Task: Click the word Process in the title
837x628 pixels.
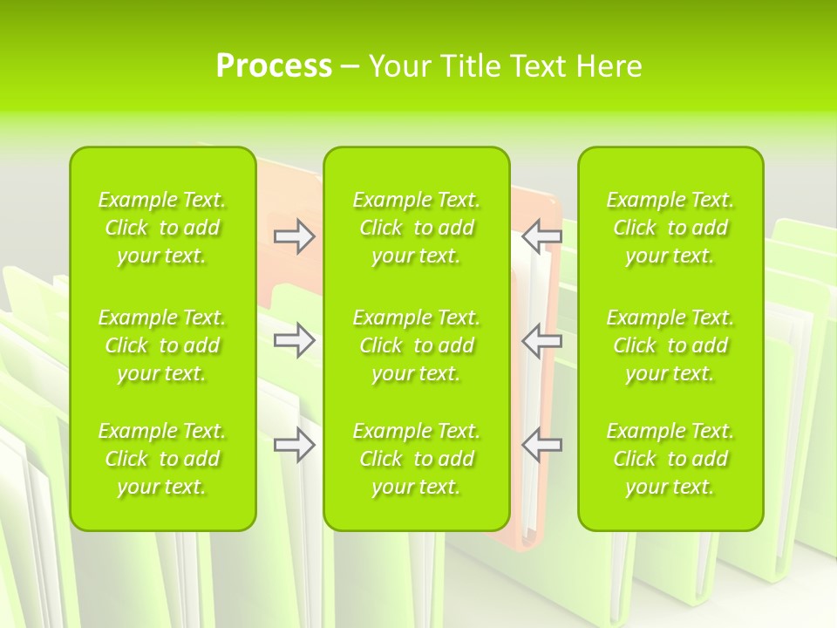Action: pos(274,66)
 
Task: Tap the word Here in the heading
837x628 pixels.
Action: pos(609,66)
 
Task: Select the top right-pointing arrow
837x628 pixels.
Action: pos(294,236)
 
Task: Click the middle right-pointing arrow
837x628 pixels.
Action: pos(294,340)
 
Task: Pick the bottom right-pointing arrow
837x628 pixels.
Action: pos(294,445)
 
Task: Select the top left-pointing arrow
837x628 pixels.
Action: pos(542,236)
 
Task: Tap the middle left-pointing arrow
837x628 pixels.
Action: pos(542,340)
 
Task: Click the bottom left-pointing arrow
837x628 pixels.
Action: pos(542,445)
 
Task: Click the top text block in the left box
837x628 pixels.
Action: pos(162,228)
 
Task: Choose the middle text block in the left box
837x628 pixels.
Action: pos(162,345)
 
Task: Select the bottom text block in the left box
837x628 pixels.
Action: pos(162,459)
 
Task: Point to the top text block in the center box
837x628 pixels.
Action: pos(417,228)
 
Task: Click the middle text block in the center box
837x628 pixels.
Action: pos(417,345)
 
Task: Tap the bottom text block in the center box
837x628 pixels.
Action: pos(417,459)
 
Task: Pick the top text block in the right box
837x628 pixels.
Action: pos(670,228)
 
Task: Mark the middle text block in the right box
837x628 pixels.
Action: pos(670,345)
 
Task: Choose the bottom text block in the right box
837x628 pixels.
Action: pos(670,459)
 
